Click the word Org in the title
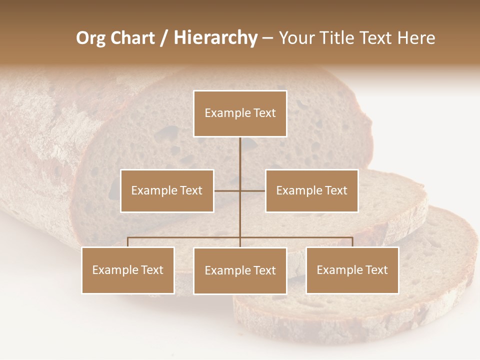(90, 38)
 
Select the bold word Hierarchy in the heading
(215, 38)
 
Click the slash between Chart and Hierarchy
(164, 38)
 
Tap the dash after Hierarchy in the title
(267, 38)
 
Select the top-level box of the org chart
(240, 113)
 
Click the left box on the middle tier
(167, 190)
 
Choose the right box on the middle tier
(312, 190)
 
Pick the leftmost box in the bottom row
(128, 270)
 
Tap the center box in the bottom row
(240, 270)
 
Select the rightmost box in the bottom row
(352, 270)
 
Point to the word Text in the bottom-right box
(376, 270)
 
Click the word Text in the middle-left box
(191, 190)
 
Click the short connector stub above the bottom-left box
(128, 242)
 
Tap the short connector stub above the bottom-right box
(352, 242)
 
